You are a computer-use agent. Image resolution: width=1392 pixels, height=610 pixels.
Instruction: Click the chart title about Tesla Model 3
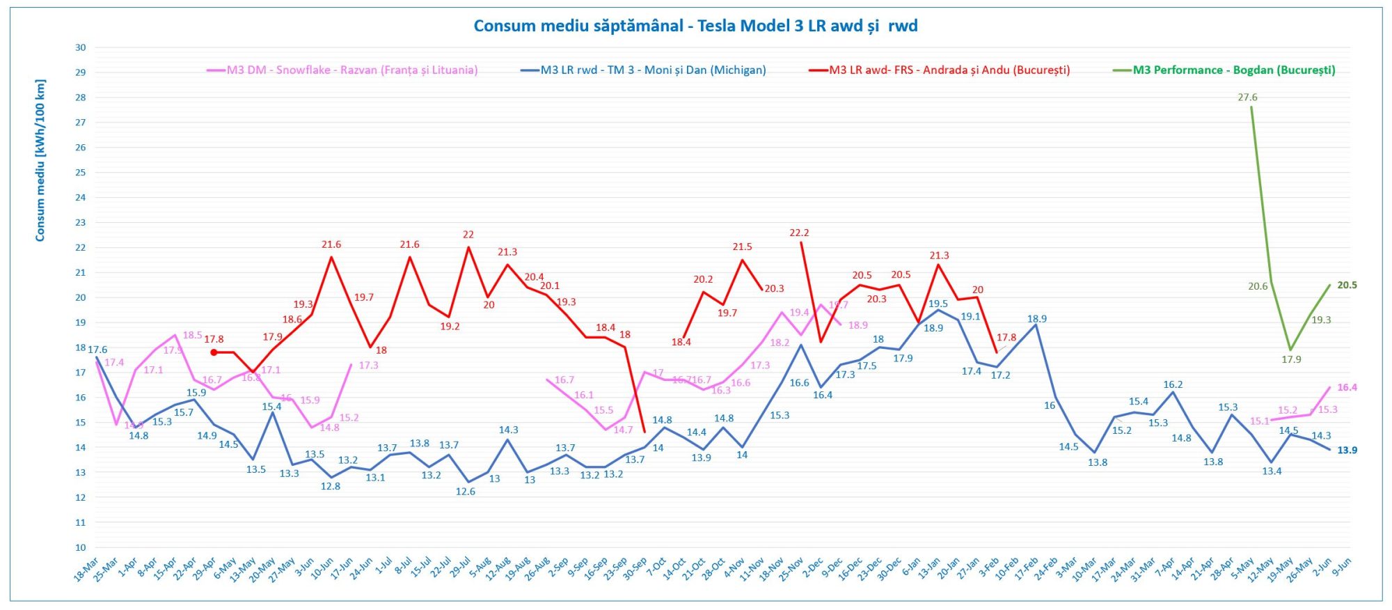[695, 26]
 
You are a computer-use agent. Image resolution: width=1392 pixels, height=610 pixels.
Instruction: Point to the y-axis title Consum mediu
[40, 161]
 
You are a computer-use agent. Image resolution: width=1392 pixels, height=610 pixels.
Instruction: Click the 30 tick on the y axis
[81, 48]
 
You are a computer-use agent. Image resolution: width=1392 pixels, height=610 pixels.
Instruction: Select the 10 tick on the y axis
[81, 547]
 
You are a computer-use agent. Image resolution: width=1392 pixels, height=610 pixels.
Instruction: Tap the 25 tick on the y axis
[81, 173]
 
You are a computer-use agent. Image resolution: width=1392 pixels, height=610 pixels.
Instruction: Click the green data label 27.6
[1247, 97]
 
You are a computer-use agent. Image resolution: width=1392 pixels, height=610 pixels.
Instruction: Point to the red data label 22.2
[799, 233]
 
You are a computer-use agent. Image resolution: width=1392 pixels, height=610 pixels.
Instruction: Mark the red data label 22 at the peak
[468, 235]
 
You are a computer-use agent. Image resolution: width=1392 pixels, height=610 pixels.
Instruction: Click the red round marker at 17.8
[214, 352]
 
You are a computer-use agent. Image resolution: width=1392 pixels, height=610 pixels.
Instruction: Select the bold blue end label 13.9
[1347, 451]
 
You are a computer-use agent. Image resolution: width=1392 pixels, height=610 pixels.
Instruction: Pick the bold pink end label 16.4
[1347, 388]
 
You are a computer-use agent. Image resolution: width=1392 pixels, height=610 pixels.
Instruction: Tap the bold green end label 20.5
[1347, 286]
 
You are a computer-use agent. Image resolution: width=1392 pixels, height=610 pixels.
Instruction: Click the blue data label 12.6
[465, 492]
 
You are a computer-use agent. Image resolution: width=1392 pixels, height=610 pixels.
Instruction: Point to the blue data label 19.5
[938, 304]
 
